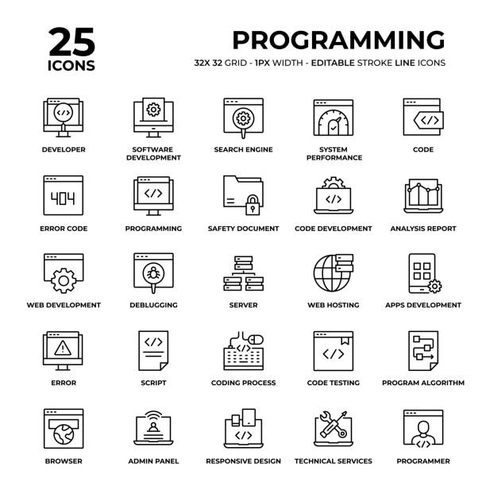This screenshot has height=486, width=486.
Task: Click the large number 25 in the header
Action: coord(71,40)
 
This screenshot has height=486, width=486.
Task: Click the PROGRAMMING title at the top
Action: coord(338,39)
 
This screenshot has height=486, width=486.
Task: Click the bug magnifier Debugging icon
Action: coord(153,272)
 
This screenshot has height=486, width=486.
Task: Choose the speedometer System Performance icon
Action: coord(333,119)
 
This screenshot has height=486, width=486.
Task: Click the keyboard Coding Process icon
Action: coord(243,351)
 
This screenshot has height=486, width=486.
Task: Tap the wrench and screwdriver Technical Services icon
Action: coord(333,428)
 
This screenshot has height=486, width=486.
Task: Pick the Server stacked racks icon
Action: coord(243,273)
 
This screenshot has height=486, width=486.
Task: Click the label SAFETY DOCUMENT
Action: coord(243,229)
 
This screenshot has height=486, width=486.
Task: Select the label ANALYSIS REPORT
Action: coord(422,229)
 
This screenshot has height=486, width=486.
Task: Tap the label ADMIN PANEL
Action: coord(153,461)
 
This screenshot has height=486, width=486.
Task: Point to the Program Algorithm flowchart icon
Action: coord(422,350)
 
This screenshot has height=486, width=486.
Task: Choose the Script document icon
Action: coord(153,350)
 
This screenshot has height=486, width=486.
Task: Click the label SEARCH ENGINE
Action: coord(243,149)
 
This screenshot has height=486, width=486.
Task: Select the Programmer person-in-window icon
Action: coord(422,428)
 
